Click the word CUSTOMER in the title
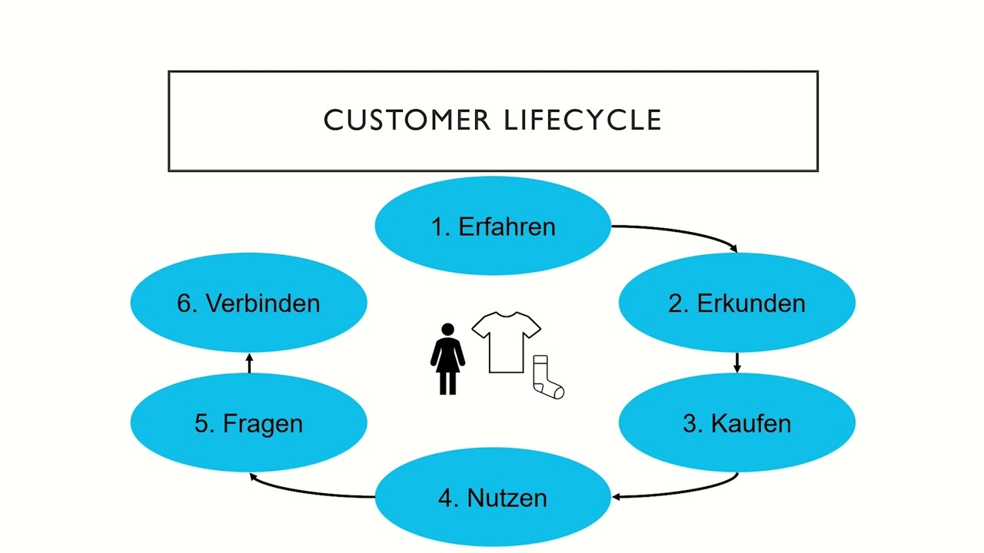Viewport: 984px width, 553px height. (x=407, y=121)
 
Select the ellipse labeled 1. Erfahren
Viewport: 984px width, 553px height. (x=492, y=227)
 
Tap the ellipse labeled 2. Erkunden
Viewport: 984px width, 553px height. (x=736, y=303)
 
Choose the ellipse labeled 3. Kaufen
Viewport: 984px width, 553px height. (x=736, y=423)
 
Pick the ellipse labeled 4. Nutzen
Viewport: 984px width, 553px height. (x=492, y=498)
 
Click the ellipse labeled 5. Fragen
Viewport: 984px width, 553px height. (x=248, y=423)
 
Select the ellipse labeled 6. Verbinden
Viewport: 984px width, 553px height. (x=248, y=303)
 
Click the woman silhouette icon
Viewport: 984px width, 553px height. (x=447, y=361)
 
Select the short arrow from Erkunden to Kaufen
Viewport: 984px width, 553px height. (x=736, y=363)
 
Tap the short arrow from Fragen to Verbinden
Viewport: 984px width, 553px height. (x=248, y=363)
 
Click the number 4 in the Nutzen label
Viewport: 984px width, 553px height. (x=445, y=498)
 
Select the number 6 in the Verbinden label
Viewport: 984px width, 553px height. (x=184, y=303)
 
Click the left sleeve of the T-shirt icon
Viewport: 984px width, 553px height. (x=480, y=327)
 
